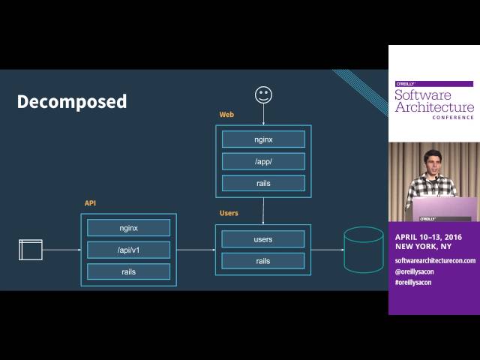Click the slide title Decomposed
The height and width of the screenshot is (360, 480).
click(72, 102)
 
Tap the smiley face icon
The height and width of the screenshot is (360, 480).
click(263, 95)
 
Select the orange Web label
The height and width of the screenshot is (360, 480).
click(226, 115)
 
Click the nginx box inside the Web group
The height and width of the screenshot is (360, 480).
click(263, 139)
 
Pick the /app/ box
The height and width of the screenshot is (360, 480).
click(263, 161)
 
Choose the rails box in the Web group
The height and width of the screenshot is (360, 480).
click(263, 183)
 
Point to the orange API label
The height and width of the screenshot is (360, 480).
click(90, 203)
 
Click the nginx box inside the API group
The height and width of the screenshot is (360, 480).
click(128, 228)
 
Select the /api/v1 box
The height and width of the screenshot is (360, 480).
click(128, 250)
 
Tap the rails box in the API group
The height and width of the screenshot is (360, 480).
click(128, 271)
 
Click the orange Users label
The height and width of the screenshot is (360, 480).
click(229, 213)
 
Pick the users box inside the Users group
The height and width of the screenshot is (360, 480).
click(263, 239)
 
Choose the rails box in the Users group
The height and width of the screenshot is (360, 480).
click(263, 261)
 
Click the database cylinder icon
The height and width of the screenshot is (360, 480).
click(364, 250)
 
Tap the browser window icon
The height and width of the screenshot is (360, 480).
click(31, 250)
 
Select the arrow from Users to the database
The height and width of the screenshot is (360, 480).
click(328, 250)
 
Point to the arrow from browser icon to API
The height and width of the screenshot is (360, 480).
click(61, 250)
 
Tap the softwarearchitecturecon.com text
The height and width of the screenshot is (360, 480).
click(435, 260)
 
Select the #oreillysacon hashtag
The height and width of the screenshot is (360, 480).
click(413, 282)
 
